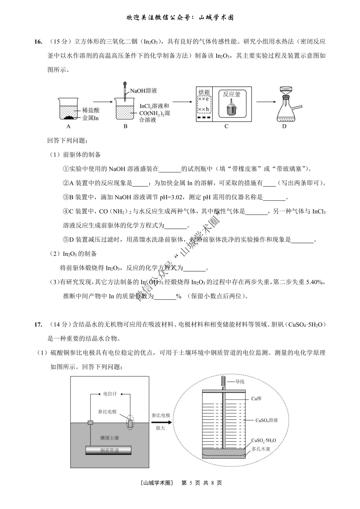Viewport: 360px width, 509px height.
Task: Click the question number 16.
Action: [x=38, y=42]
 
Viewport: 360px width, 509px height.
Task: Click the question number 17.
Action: [x=38, y=324]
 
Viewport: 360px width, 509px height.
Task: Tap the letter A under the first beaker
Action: [x=68, y=126]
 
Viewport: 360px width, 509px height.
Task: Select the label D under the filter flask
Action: [x=284, y=126]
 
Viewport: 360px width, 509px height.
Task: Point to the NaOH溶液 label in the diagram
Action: [x=143, y=91]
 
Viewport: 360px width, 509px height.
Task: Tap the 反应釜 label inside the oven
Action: [x=231, y=94]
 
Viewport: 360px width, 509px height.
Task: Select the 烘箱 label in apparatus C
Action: [x=204, y=92]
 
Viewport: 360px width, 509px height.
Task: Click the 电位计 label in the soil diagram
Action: [x=110, y=394]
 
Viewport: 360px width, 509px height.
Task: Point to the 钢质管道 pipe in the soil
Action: [x=108, y=450]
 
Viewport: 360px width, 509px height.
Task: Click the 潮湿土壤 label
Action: [x=109, y=438]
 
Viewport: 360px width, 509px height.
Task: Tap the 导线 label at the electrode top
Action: [x=240, y=382]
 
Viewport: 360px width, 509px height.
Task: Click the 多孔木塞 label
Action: [x=261, y=449]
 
